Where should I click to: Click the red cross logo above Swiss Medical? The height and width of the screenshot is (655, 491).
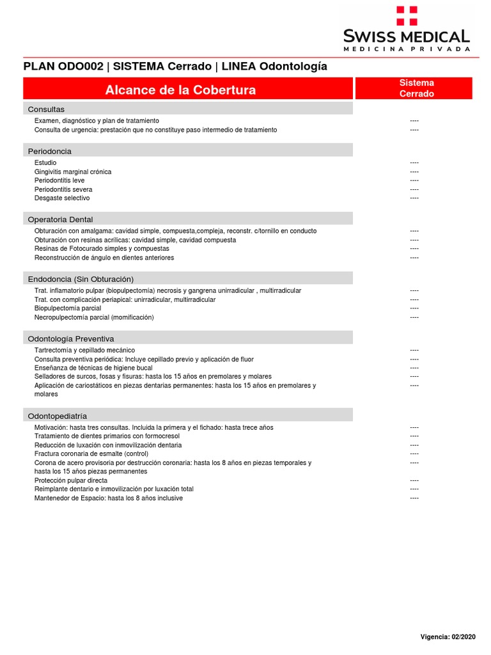(x=407, y=15)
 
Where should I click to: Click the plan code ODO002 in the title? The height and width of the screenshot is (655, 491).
(x=75, y=67)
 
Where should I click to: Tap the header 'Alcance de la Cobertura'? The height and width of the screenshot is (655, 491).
(x=180, y=90)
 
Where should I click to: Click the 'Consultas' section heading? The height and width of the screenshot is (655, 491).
(x=46, y=109)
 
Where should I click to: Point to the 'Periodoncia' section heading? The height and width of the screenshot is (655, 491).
(x=50, y=151)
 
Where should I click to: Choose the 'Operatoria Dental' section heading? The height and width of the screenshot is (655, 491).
(x=61, y=219)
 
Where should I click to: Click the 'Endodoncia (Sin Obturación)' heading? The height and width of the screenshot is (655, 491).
(x=81, y=279)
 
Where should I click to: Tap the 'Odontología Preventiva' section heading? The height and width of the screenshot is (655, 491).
(x=71, y=338)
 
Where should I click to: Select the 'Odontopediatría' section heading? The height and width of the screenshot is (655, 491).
(x=58, y=416)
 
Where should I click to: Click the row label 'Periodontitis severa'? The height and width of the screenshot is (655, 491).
(x=63, y=189)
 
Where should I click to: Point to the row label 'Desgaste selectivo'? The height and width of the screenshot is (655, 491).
(x=62, y=198)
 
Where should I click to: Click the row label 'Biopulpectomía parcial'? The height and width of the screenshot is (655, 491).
(x=68, y=308)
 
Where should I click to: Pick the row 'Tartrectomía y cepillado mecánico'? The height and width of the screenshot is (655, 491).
(x=84, y=351)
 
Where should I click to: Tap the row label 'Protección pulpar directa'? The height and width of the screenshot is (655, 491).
(x=71, y=480)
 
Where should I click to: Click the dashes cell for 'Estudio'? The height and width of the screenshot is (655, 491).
(x=414, y=163)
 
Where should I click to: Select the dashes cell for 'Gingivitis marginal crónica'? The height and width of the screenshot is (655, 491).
(x=414, y=172)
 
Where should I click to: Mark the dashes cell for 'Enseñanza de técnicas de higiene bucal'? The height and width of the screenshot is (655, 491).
(x=414, y=368)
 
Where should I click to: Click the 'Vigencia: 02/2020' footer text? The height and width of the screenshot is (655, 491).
(x=448, y=636)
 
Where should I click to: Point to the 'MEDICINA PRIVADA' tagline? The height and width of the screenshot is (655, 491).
(x=407, y=49)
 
